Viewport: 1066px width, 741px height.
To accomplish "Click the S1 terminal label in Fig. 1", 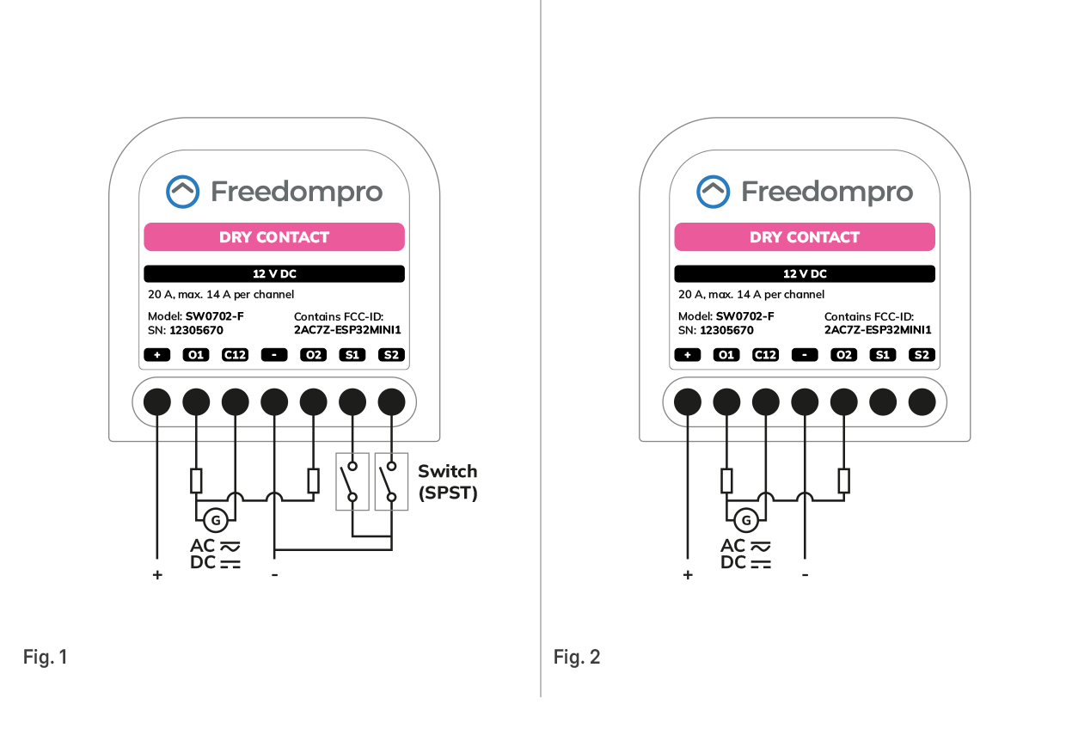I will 352,355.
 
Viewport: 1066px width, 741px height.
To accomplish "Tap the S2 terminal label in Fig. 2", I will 922,355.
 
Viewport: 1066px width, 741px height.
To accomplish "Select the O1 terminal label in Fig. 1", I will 196,355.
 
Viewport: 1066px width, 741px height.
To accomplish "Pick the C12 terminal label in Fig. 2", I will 765,355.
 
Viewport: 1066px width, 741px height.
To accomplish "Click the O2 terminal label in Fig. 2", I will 843,355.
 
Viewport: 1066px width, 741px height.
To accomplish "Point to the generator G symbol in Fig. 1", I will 216,519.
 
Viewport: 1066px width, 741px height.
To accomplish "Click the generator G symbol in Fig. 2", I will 746,519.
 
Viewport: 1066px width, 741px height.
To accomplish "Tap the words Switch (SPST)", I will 447,482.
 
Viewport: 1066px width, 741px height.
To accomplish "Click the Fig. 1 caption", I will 45,658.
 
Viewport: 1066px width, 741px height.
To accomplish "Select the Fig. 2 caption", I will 577,658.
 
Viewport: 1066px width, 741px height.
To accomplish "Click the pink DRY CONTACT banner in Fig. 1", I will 274,237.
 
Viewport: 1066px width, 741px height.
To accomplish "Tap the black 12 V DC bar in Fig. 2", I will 805,274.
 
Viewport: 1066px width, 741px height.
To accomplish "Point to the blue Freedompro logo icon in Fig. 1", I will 182,192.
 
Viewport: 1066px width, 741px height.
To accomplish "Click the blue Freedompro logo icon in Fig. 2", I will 713,192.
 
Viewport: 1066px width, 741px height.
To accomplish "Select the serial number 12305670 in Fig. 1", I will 196,330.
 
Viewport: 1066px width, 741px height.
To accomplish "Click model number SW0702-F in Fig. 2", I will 744,316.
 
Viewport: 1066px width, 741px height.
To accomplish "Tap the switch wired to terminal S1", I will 352,481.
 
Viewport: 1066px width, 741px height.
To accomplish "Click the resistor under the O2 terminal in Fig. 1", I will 314,481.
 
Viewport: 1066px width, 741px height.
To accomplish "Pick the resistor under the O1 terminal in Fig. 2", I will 726,481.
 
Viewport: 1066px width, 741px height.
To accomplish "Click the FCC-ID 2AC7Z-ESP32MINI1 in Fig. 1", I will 347,330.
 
